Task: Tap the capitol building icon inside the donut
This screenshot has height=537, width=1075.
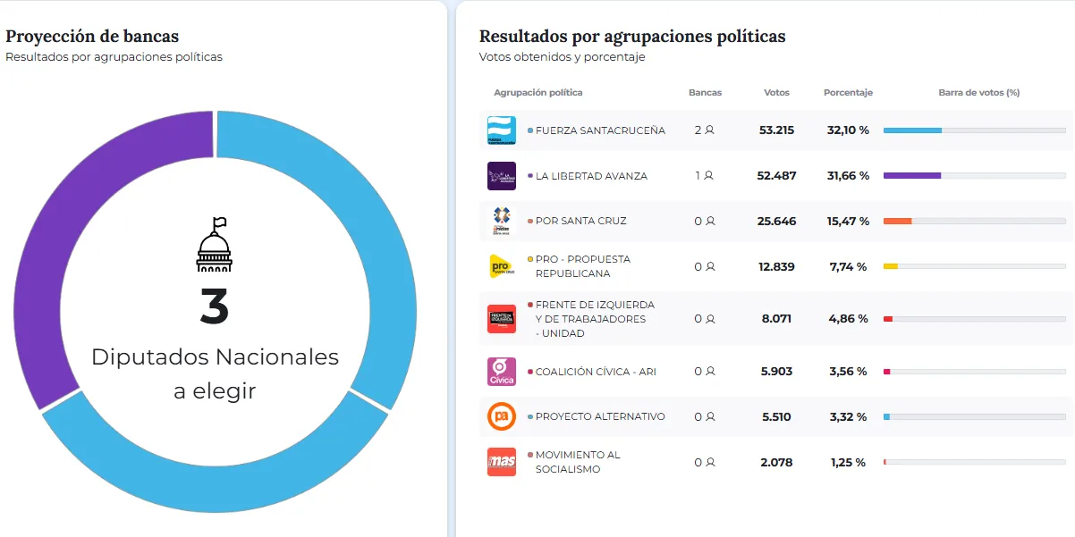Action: [x=214, y=245]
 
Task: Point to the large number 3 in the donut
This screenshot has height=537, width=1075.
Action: [x=215, y=306]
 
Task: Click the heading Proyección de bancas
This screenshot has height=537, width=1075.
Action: [x=92, y=37]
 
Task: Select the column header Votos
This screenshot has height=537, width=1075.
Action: [x=776, y=93]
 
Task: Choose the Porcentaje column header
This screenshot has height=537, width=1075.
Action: [x=848, y=93]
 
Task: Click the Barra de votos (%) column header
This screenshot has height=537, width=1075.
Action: [x=978, y=93]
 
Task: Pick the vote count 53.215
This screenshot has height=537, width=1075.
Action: [x=776, y=130]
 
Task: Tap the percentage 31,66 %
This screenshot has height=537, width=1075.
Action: [x=848, y=176]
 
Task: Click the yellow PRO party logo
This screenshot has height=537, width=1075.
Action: [x=501, y=266]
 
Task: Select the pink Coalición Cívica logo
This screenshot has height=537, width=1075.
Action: [x=501, y=372]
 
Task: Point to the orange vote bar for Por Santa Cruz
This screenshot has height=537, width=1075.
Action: [x=897, y=221]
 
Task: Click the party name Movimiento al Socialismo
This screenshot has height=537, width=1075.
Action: [x=577, y=462]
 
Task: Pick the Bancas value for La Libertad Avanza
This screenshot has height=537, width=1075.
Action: [x=704, y=176]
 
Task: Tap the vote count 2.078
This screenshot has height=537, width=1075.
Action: [x=776, y=463]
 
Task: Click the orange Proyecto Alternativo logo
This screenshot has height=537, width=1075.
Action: [x=501, y=416]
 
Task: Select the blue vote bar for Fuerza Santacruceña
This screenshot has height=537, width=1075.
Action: [x=912, y=130]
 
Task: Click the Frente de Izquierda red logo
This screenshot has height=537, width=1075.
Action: [x=501, y=319]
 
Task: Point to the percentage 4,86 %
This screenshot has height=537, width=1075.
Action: [x=848, y=319]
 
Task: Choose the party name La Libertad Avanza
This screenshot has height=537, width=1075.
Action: [x=591, y=176]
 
